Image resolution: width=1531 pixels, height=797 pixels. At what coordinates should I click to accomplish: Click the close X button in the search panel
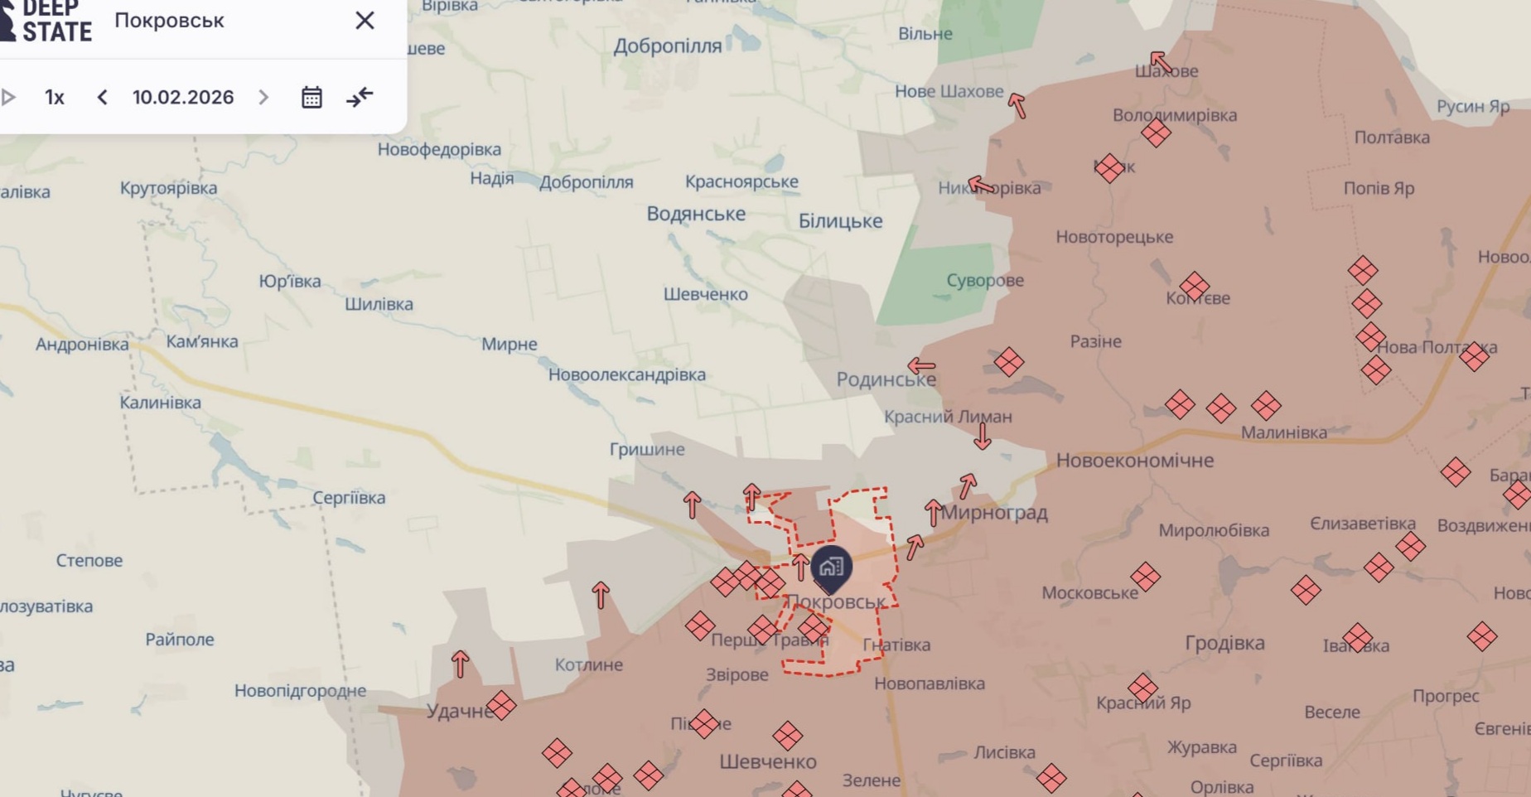coord(365,21)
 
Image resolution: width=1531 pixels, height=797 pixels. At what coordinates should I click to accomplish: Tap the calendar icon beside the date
coord(312,98)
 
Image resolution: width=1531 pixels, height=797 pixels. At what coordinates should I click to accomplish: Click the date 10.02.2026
coord(183,98)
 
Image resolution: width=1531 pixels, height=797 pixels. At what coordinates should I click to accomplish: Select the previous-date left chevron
coord(102,98)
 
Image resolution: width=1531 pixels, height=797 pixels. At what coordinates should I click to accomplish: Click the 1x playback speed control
coord(55,98)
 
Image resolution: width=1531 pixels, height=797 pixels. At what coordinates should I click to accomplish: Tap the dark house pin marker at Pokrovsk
coord(831,568)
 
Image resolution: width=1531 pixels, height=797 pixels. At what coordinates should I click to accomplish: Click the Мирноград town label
coord(994,513)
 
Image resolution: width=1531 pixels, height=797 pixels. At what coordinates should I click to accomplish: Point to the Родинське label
coord(885,379)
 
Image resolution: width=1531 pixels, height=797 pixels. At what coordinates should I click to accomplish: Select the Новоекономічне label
coord(1134,461)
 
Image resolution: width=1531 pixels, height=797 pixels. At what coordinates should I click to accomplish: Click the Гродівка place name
coord(1224,643)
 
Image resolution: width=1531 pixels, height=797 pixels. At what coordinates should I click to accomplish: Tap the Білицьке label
coord(840,221)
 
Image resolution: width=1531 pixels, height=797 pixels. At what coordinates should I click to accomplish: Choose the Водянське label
coord(696,214)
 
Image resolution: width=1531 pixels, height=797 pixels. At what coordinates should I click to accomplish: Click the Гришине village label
coord(647,449)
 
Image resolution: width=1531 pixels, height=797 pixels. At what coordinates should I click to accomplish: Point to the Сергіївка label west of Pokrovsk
coord(349,498)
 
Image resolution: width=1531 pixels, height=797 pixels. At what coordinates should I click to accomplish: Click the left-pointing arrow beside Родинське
coord(921,365)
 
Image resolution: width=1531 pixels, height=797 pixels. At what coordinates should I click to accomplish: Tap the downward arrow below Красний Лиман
coord(983,436)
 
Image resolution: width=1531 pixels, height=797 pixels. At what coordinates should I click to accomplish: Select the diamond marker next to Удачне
coord(501,706)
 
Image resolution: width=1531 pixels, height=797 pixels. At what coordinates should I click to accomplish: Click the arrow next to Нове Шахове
coord(1017,105)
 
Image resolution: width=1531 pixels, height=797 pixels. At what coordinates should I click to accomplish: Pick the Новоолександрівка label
coord(627,374)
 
